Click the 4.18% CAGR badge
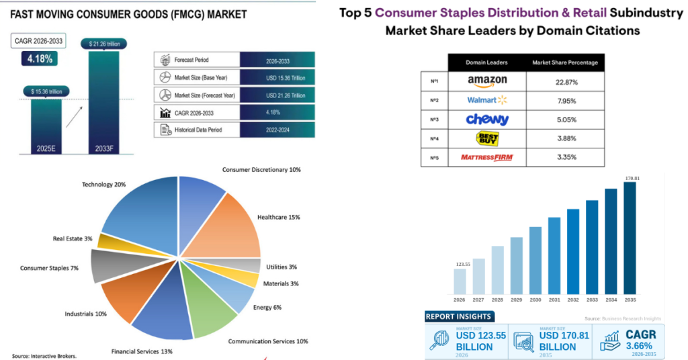40,59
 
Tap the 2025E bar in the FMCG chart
46,124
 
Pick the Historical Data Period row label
198,130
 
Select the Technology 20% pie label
103,184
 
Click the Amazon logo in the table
487,81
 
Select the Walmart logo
487,101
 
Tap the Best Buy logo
487,138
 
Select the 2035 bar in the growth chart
630,238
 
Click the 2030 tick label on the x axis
535,300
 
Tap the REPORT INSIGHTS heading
460,316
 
